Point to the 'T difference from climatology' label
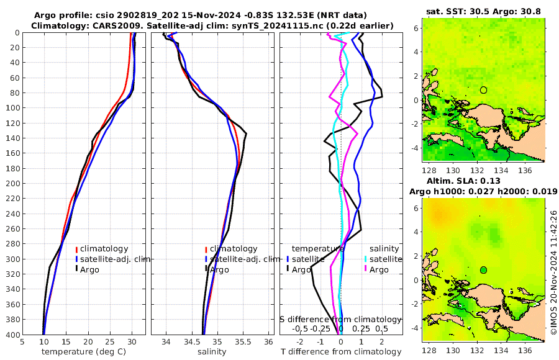341,352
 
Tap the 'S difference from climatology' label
340,318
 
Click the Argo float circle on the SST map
483,90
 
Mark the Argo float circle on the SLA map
483,270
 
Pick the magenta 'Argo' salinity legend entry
378,269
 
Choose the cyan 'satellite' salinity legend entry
385,259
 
